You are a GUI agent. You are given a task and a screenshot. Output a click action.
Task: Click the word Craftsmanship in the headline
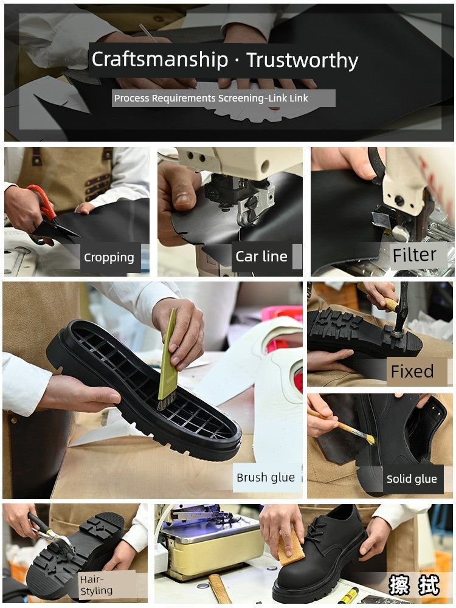click(x=160, y=60)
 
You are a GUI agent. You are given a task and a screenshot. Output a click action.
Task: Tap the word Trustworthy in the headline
click(x=302, y=60)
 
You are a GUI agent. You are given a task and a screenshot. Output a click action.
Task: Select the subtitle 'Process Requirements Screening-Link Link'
click(x=211, y=98)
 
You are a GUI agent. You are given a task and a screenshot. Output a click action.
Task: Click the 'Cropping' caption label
click(x=109, y=257)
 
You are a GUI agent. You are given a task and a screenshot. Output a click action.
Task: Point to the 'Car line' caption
click(x=261, y=257)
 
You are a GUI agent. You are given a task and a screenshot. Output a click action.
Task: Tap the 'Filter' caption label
click(x=414, y=255)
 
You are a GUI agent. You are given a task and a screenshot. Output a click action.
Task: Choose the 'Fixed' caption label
click(x=412, y=371)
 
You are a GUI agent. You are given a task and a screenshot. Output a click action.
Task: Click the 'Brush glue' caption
click(x=266, y=477)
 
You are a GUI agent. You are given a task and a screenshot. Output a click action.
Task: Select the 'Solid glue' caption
click(x=412, y=479)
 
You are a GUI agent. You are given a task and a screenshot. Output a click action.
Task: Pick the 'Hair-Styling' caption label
click(x=96, y=585)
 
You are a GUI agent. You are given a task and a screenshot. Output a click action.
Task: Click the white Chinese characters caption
click(x=414, y=585)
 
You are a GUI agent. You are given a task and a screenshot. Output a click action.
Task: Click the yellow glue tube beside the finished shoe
click(x=348, y=596)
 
